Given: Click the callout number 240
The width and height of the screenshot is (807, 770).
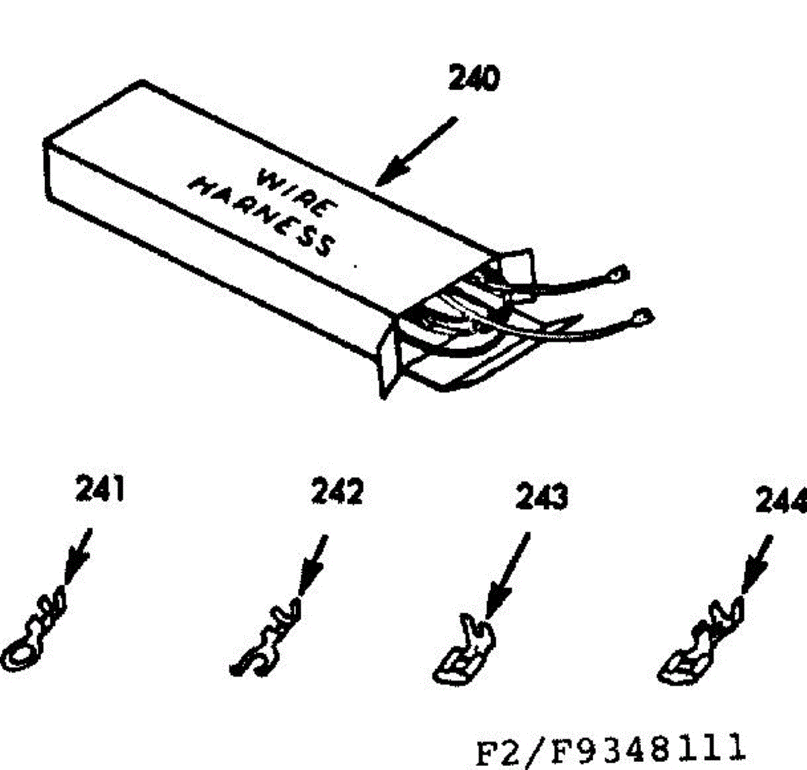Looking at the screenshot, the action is point(475,79).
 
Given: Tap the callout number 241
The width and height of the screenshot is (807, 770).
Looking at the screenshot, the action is point(100,489).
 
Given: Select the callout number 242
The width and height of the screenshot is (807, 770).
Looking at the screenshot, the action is point(337,492).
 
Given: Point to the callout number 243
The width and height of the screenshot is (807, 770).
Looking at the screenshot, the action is point(541,497).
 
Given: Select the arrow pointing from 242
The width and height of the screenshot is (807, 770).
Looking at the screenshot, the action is point(313,565).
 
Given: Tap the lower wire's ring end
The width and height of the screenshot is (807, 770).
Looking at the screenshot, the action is point(642,316).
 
